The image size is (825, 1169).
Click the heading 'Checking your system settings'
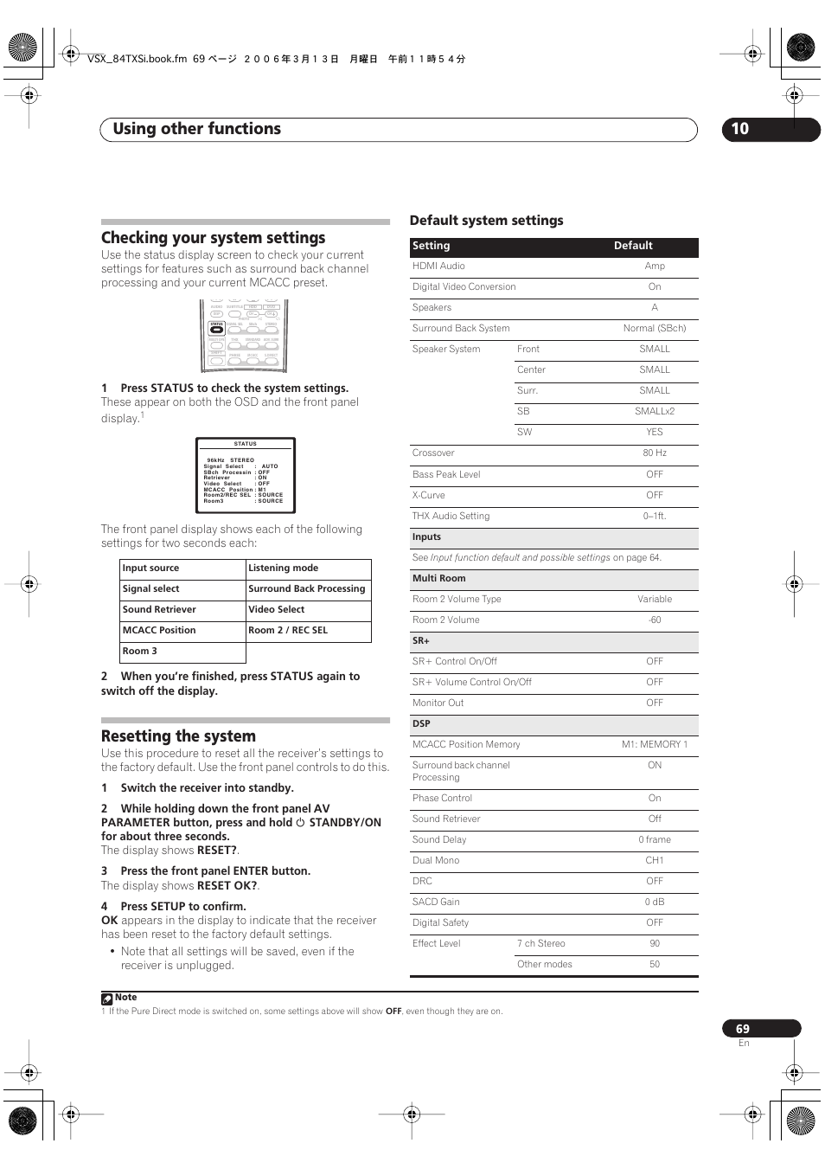click(x=213, y=238)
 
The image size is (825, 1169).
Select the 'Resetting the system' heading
click(x=178, y=736)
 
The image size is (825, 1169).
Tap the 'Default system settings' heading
click(x=486, y=221)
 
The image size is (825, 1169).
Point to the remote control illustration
click(x=244, y=336)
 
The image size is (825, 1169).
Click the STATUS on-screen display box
click(x=246, y=475)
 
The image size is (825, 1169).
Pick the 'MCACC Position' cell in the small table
click(x=159, y=631)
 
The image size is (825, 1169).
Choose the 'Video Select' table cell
click(x=277, y=610)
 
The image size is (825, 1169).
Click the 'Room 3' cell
click(x=140, y=652)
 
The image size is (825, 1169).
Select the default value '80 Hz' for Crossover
click(x=655, y=453)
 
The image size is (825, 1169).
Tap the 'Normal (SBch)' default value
click(x=655, y=329)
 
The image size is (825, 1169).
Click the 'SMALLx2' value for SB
click(x=655, y=412)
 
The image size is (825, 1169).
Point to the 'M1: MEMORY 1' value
click(x=655, y=745)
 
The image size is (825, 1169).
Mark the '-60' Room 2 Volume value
click(x=655, y=620)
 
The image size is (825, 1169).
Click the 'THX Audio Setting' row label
click(x=451, y=517)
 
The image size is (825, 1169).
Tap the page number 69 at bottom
click(x=744, y=1029)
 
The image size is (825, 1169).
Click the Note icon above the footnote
click(x=107, y=999)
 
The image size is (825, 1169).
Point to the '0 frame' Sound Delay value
click(x=655, y=840)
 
